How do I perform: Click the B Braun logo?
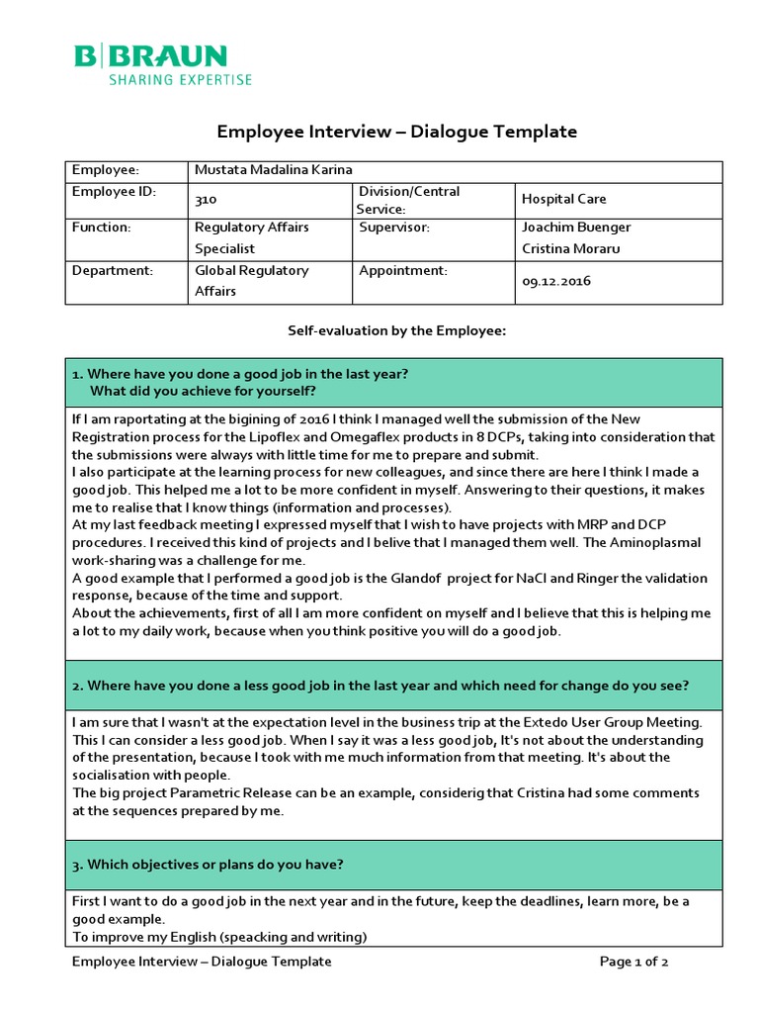coord(150,55)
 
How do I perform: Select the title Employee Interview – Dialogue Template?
coord(396,132)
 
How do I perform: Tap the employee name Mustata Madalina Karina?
coord(273,170)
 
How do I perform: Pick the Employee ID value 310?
coord(206,200)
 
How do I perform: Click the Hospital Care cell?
coord(563,200)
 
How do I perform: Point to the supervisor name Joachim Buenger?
coord(575,228)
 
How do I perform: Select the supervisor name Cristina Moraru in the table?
coord(571,249)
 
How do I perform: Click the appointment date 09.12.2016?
coord(555,281)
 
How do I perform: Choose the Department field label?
coord(112,270)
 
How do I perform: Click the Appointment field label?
coord(403,270)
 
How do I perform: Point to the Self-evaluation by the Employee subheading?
coord(396,331)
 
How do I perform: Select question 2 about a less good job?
coord(380,686)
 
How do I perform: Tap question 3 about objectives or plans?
coord(209,864)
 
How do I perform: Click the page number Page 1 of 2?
coord(635,962)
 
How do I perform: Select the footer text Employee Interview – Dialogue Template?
coord(202,962)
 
